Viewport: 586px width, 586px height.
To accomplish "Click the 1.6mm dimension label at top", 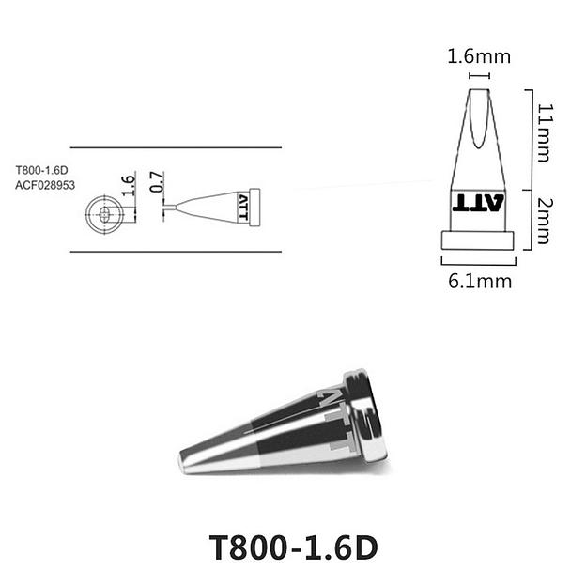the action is [479, 56].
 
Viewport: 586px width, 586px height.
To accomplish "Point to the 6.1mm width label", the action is [480, 281].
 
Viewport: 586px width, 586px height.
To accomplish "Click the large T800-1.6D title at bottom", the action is [293, 547].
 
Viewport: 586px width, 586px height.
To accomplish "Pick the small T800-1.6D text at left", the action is [41, 170].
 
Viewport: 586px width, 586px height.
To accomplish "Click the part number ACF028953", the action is [45, 185].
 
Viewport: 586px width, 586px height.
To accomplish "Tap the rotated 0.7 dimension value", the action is [157, 182].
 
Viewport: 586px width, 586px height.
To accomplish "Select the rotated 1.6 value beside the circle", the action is [128, 185].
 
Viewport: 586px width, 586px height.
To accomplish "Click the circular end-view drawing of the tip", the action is [104, 214].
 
